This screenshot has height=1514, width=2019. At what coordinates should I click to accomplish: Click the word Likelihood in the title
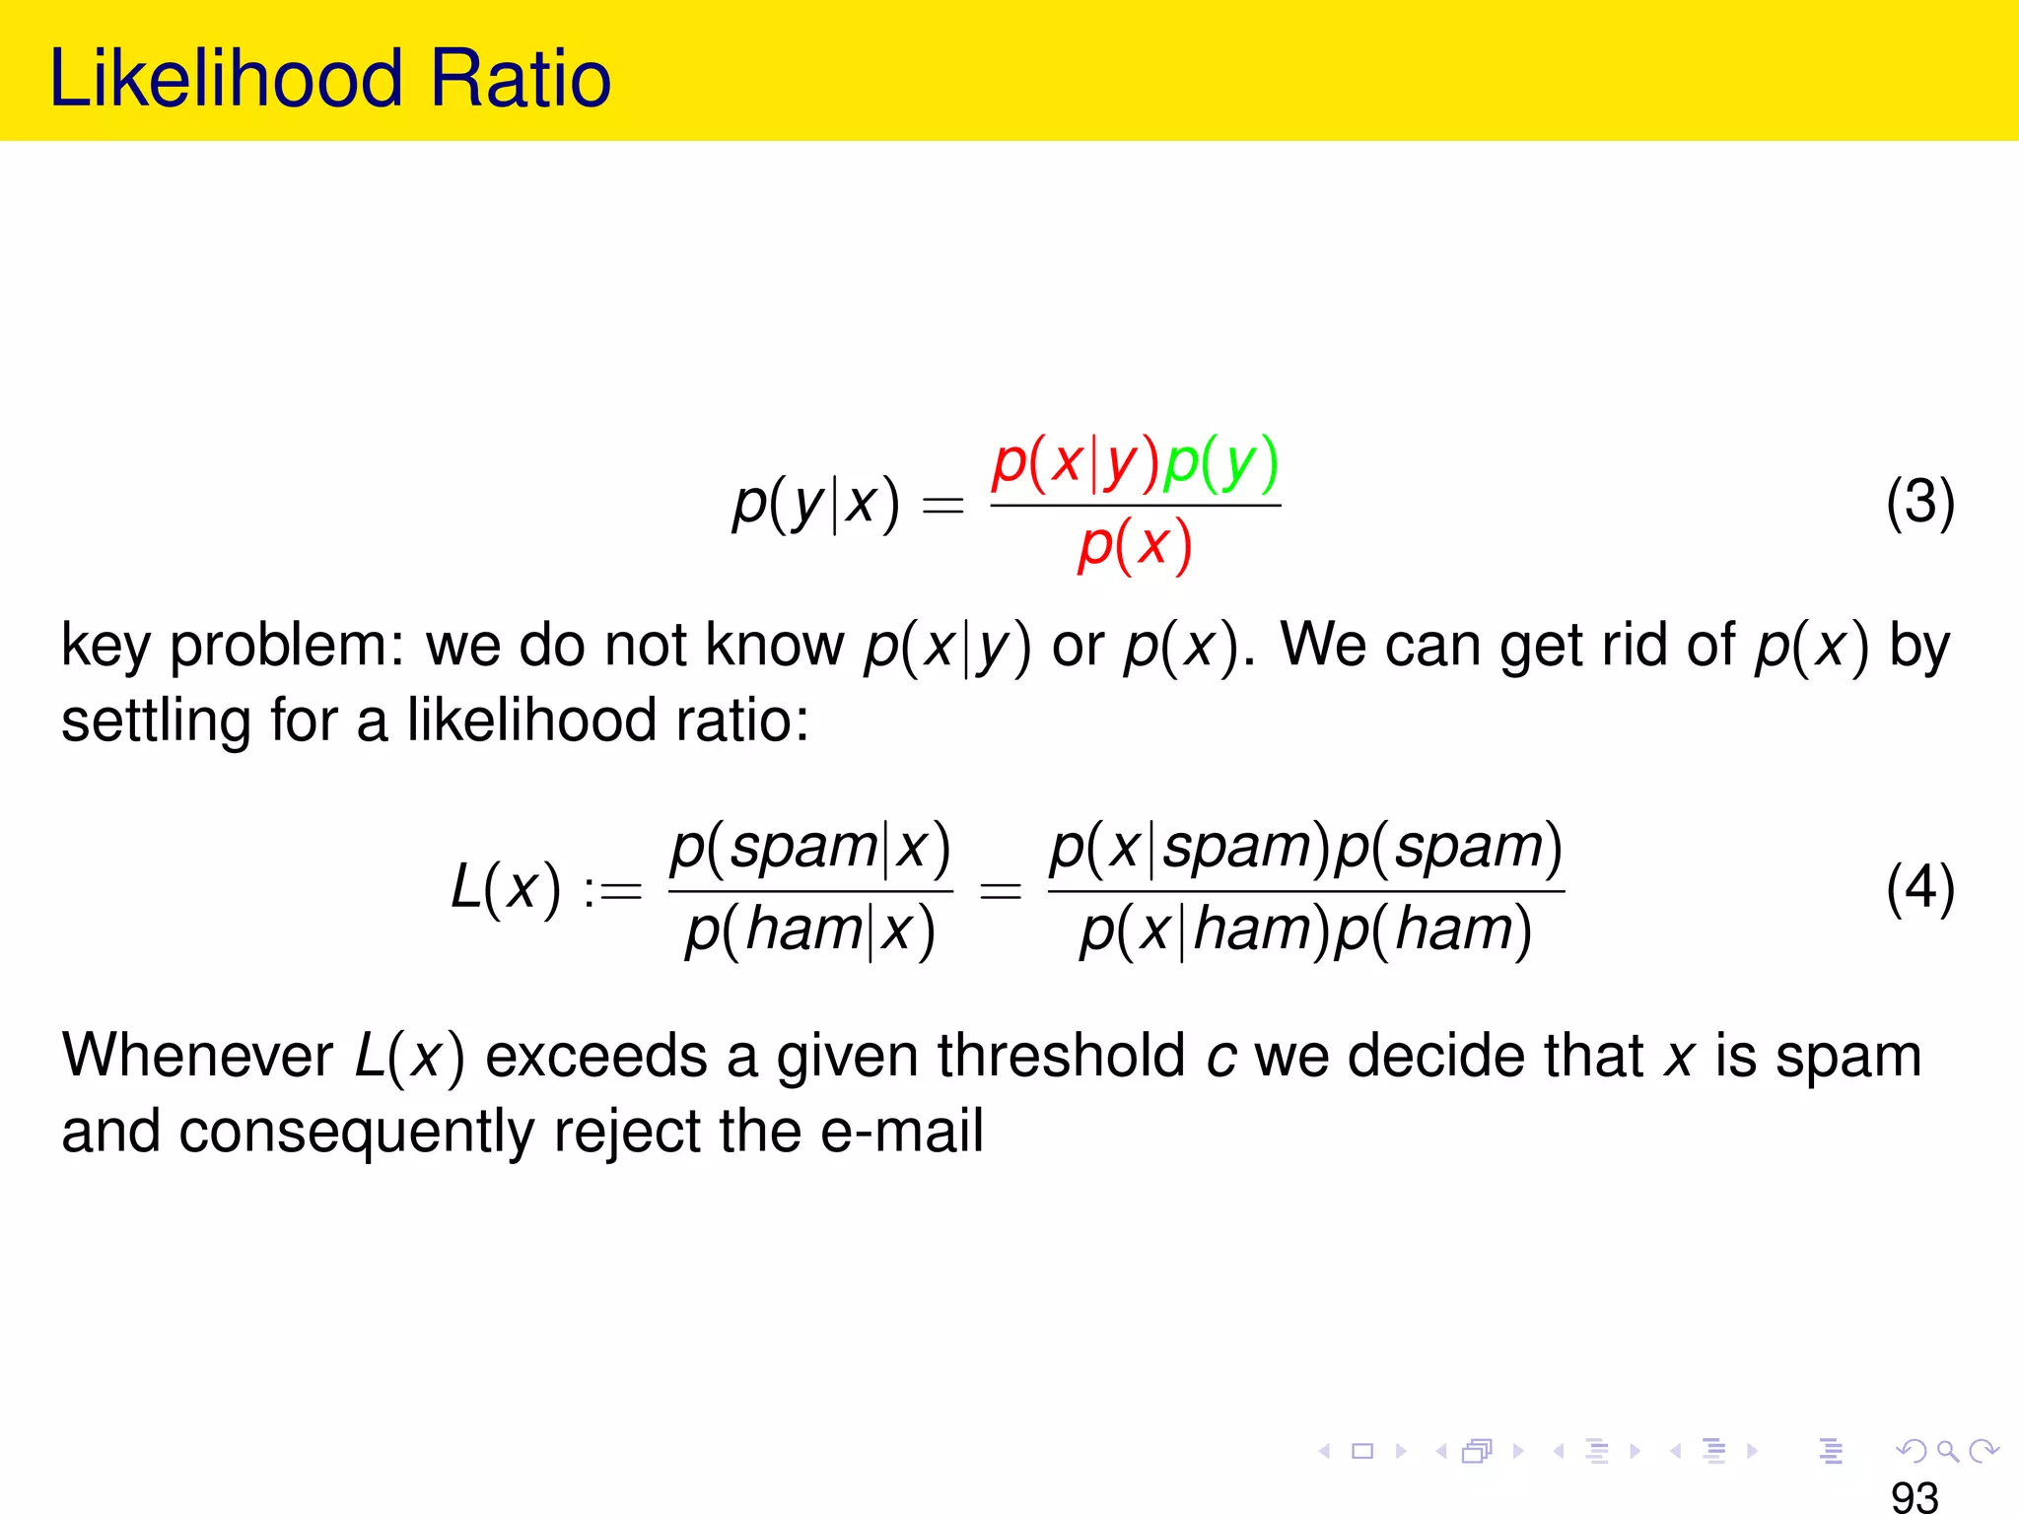coord(226,79)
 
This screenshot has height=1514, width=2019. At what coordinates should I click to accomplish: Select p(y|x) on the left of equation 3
coord(816,504)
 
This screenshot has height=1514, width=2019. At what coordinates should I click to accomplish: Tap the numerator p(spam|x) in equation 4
coord(810,847)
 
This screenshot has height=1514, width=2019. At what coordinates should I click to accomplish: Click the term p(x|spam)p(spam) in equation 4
coord(1306,847)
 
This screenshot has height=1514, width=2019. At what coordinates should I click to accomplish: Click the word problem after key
coord(285,647)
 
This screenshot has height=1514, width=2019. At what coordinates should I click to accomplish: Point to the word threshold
coord(1061,1056)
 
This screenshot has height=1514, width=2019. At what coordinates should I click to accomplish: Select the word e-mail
coord(902,1131)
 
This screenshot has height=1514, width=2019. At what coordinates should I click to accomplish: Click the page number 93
coord(1915,1496)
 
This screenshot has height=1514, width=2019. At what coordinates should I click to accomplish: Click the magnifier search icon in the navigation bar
coord(1947,1451)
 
